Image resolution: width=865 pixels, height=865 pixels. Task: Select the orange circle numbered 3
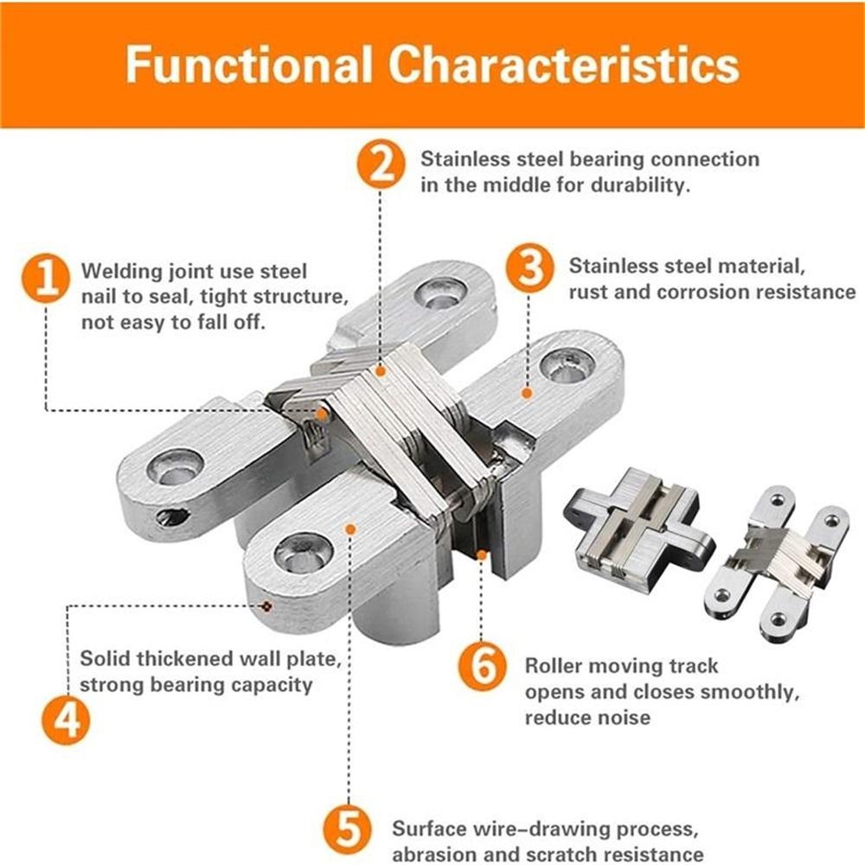pos(529,269)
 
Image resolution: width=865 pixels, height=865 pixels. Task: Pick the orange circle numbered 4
pos(67,720)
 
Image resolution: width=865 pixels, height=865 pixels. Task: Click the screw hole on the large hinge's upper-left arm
pos(176,468)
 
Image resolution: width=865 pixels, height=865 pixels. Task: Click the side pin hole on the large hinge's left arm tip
pos(172,517)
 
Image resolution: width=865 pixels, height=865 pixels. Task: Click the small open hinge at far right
pos(777,561)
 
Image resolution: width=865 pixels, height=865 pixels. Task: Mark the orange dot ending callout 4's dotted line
pos(267,605)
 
